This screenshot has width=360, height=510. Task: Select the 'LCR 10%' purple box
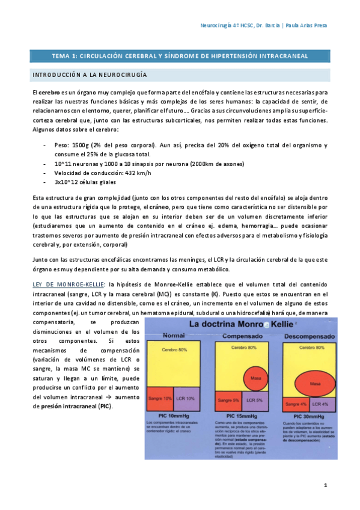point(186,399)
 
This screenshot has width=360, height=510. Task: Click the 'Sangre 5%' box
point(229,400)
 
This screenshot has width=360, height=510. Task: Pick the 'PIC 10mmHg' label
point(172,416)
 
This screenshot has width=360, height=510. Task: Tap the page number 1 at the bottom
point(325,485)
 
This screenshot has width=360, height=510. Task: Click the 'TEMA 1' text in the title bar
point(64,56)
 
